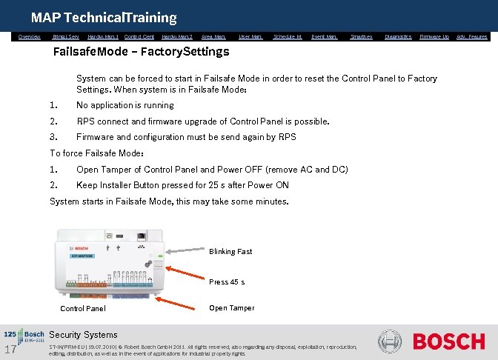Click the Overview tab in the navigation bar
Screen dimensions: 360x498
click(x=30, y=36)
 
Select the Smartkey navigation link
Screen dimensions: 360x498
click(x=361, y=36)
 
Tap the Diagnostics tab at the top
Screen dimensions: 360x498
click(x=398, y=36)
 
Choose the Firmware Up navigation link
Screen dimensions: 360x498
click(x=434, y=36)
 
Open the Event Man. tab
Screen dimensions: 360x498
click(x=325, y=36)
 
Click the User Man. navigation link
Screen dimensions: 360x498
click(x=250, y=36)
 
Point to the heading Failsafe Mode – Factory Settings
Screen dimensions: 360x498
click(x=142, y=52)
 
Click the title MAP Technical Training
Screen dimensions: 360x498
click(x=104, y=17)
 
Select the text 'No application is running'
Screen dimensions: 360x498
click(x=125, y=105)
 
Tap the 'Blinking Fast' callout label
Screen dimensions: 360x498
click(x=230, y=252)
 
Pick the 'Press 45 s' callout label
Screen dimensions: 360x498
click(x=227, y=282)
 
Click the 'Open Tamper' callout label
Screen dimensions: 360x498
click(x=231, y=308)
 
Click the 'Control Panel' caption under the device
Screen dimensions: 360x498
click(x=82, y=309)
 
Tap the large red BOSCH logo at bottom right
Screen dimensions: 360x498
click(x=448, y=341)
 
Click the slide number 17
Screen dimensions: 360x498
click(x=10, y=349)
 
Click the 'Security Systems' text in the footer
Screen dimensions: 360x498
click(x=83, y=335)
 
